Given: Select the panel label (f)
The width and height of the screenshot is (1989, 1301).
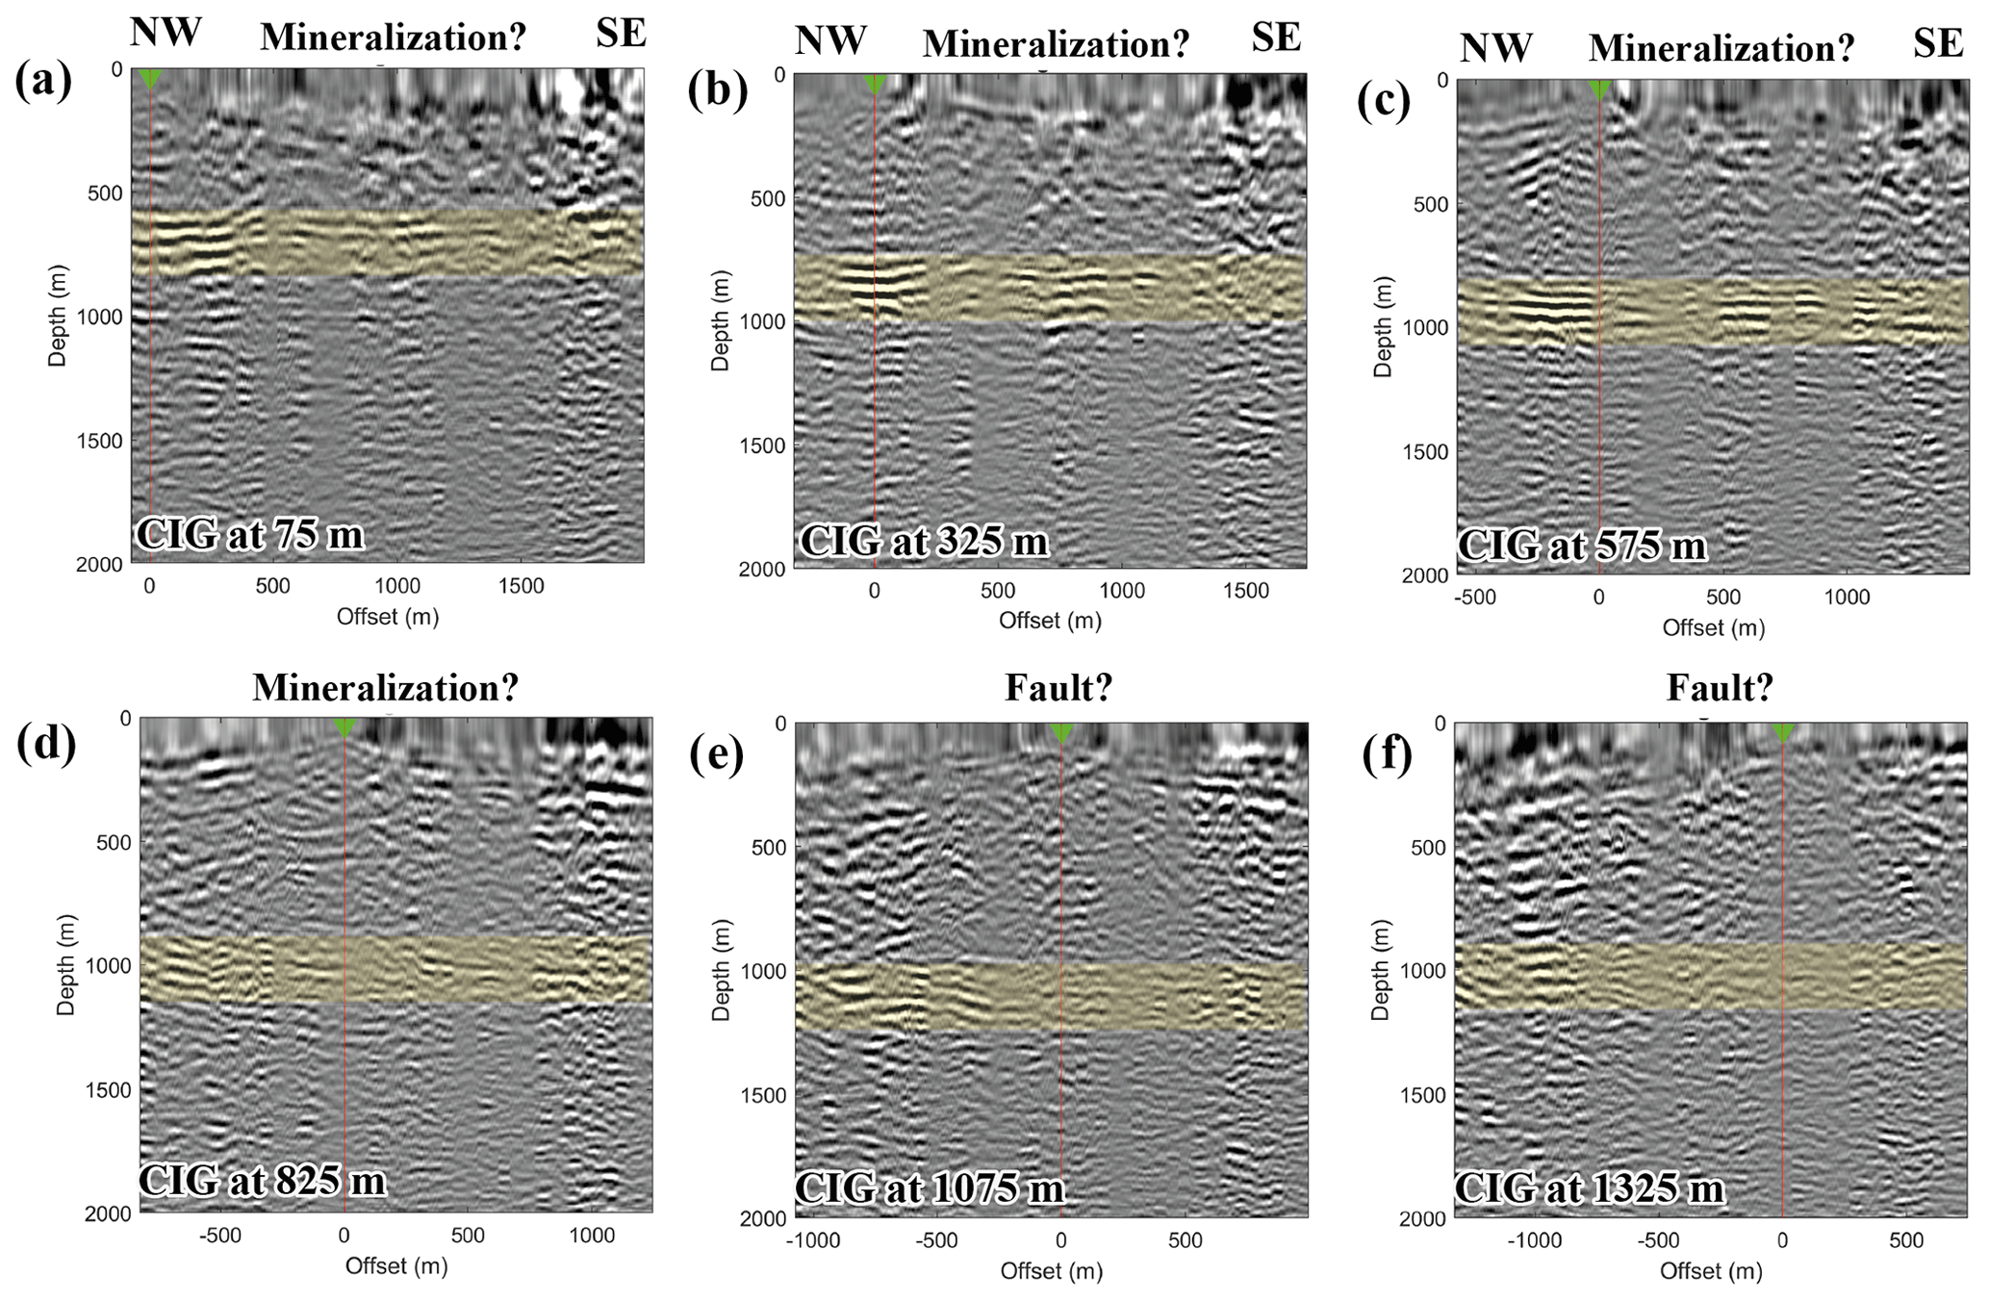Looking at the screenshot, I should pos(1387,755).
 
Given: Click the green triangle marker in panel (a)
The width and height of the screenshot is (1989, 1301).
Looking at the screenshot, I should pos(149,78).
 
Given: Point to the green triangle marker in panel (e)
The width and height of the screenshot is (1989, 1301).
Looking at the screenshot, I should pos(1060,733).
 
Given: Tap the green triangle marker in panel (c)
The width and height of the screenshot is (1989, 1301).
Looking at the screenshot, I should pos(1599,89).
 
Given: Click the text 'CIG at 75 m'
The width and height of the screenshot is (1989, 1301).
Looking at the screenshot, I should pos(251,535).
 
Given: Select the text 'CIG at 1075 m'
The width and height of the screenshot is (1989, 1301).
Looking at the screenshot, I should pos(931,1189).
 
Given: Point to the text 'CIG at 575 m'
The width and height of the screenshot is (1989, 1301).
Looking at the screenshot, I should pos(1582,546).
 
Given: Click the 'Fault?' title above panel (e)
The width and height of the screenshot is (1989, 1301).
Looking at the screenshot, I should pos(1058,687).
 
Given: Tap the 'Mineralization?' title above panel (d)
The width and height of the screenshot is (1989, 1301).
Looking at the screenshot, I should pos(385,687).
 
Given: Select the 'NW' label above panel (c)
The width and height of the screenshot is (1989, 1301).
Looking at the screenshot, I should pos(1495,46).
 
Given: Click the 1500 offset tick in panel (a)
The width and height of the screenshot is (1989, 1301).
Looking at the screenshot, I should pos(522,586).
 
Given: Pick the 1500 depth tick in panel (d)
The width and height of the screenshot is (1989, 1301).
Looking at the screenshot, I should pos(108,1089).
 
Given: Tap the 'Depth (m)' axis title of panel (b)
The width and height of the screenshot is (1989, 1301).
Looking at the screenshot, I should pos(721,320).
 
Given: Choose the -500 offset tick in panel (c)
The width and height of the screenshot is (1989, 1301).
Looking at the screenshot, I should pos(1474,598).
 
